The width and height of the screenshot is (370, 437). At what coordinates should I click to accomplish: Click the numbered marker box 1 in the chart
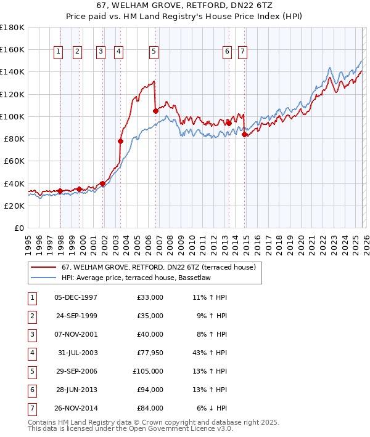coord(58,52)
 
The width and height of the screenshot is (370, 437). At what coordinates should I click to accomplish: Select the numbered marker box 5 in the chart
coord(153,52)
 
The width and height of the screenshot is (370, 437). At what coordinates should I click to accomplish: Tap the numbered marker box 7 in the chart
coord(242,52)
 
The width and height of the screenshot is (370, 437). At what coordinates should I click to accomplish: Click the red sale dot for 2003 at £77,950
coord(120,141)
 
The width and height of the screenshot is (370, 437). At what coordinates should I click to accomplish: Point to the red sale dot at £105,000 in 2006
coord(155,111)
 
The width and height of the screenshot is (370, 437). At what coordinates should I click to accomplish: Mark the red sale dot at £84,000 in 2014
coord(244,134)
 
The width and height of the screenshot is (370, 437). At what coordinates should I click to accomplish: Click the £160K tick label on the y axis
coord(12,49)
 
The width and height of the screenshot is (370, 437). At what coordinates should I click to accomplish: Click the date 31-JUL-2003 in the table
coord(78,353)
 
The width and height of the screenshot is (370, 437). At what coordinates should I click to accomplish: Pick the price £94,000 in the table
coord(150,390)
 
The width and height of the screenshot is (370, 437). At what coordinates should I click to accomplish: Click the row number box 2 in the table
coord(31,316)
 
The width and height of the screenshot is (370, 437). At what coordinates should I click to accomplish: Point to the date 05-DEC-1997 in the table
coord(76,297)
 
